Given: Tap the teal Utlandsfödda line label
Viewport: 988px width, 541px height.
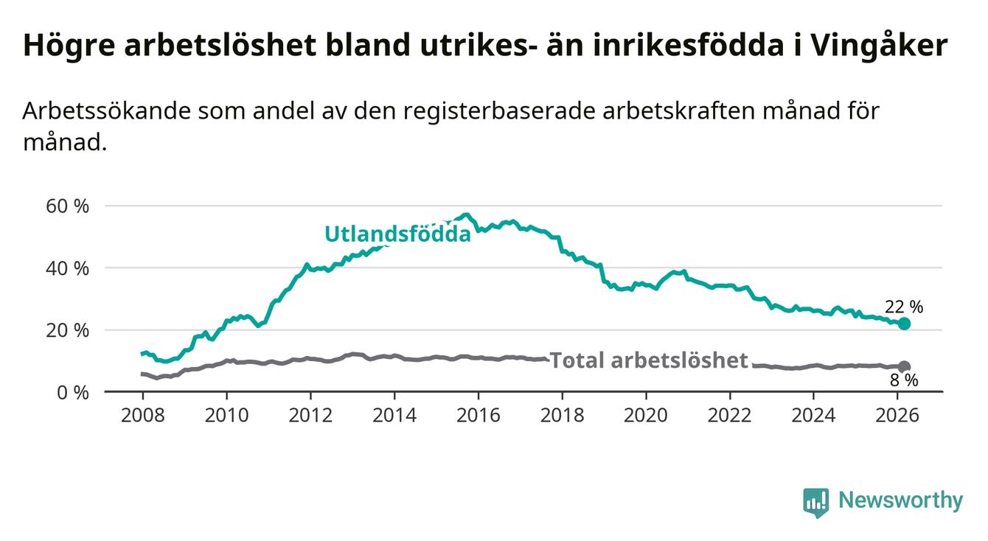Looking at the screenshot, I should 397,234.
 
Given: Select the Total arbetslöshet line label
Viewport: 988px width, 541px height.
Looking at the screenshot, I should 649,360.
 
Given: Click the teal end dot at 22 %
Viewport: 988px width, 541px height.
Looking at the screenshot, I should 904,324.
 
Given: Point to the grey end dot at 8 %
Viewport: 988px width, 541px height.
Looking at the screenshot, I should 904,366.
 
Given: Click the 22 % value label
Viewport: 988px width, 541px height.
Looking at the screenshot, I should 904,307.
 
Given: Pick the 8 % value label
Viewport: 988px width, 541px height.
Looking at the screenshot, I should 904,380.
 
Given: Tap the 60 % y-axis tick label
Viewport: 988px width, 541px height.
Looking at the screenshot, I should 67,206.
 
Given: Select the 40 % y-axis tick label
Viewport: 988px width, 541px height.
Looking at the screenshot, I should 67,268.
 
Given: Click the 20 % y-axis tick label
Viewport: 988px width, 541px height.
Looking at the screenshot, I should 67,330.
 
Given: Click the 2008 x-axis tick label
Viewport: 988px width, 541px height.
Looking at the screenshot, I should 142,415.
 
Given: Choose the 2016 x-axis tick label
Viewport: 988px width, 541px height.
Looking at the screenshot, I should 478,415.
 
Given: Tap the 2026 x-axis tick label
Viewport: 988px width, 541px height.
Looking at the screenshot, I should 897,415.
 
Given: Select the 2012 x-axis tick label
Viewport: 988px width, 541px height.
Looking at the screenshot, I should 310,415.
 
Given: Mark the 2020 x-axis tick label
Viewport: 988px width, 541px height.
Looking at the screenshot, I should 646,415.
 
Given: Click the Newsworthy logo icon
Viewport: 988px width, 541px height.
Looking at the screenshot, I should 815,503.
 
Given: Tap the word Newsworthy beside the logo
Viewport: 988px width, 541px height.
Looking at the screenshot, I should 900,501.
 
